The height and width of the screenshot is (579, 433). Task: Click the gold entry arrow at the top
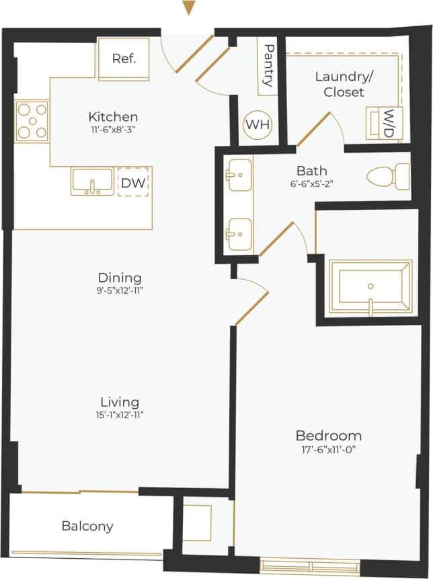tap(189, 8)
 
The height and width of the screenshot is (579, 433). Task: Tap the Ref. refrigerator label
tap(124, 59)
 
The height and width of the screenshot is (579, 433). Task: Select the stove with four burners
tap(32, 121)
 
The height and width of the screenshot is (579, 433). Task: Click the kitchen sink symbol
tap(92, 181)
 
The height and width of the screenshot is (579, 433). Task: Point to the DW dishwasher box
tap(133, 182)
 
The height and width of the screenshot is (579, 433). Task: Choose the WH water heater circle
tap(255, 125)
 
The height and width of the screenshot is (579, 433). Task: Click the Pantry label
tap(268, 65)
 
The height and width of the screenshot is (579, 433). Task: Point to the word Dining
tap(120, 277)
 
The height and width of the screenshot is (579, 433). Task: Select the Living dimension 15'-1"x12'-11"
tap(119, 415)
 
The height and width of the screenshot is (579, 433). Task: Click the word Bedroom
tap(328, 435)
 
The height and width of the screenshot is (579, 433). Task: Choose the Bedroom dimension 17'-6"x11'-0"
tap(328, 449)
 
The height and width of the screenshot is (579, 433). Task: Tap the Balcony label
tap(87, 526)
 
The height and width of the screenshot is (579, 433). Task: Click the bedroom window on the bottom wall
tap(310, 565)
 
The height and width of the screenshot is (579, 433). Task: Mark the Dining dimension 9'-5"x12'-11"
tap(120, 291)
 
